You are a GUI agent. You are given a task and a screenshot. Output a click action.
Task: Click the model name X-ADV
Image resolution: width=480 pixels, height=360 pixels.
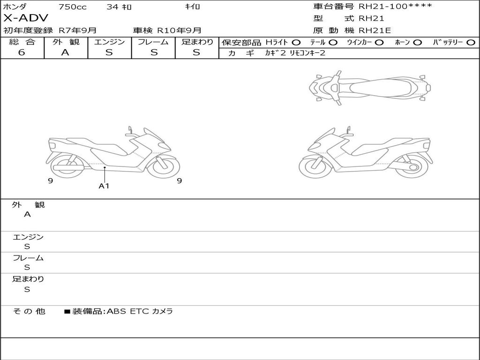(26, 18)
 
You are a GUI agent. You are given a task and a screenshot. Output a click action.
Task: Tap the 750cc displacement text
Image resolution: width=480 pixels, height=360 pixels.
(72, 7)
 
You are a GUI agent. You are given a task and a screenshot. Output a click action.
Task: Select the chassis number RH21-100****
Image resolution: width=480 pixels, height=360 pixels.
(396, 6)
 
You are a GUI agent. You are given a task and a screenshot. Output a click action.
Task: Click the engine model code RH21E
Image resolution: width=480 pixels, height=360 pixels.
(375, 30)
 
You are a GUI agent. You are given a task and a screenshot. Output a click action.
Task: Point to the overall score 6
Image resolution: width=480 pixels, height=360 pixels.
(22, 52)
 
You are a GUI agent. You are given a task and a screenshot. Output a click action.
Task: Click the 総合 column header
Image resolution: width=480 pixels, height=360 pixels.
(22, 42)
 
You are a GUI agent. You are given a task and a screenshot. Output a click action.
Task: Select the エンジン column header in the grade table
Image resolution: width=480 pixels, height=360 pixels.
(109, 42)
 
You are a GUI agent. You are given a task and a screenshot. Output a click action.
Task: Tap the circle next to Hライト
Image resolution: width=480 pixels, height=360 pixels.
(296, 43)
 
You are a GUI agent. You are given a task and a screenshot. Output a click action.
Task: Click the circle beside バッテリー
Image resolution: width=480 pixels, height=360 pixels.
(471, 43)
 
